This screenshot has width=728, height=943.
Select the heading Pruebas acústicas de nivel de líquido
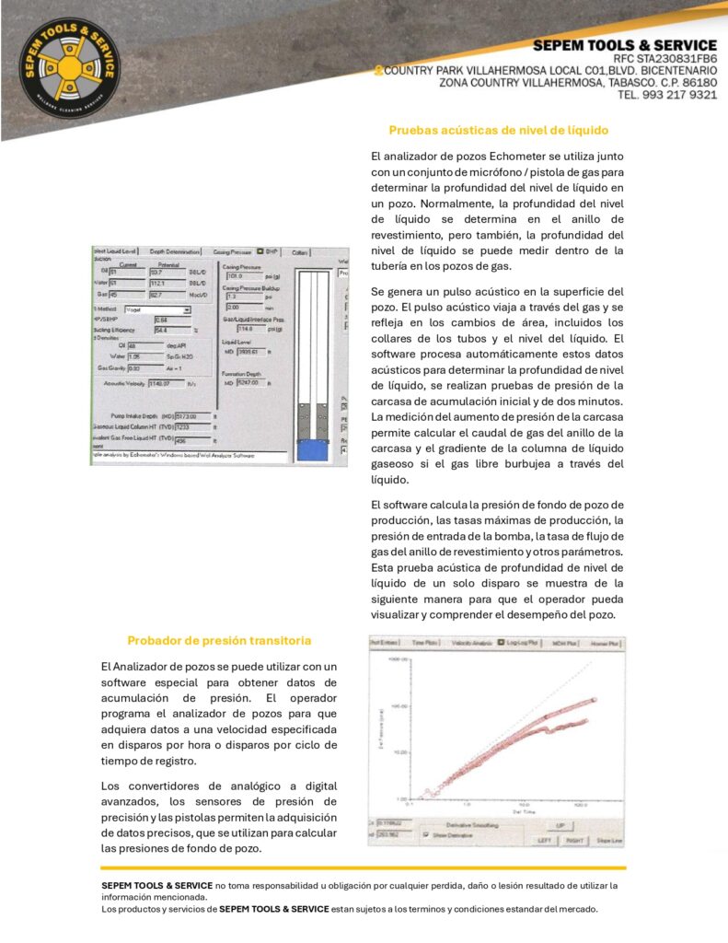[x=498, y=130]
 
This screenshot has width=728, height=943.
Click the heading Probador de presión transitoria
[x=219, y=640]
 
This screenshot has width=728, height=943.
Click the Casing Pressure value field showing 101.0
[x=241, y=275]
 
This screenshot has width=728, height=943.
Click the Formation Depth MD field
[x=251, y=383]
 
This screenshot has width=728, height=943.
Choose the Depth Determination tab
[x=175, y=251]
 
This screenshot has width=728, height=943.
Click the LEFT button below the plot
[x=546, y=840]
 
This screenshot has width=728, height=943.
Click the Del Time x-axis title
[x=498, y=811]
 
